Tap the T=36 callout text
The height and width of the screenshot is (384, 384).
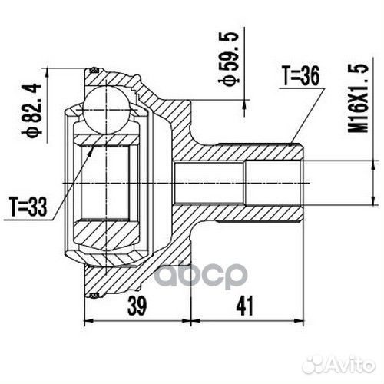click(x=300, y=75)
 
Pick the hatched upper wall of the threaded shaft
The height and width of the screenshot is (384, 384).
click(x=246, y=152)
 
